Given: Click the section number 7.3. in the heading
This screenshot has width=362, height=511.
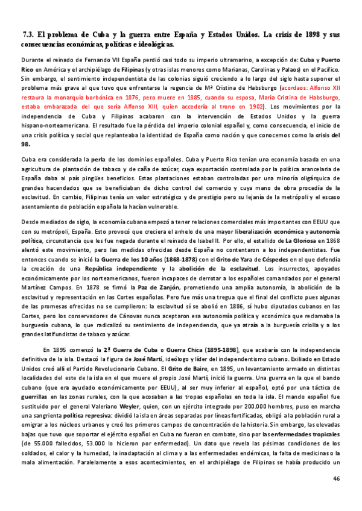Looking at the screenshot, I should (28, 35).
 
